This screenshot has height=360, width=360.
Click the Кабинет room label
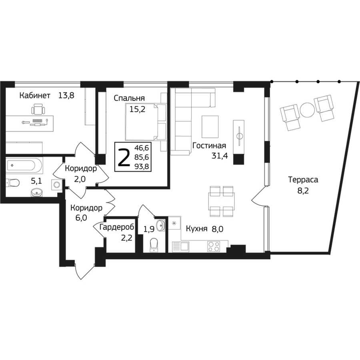click(x=35, y=95)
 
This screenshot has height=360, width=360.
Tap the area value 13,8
click(x=66, y=95)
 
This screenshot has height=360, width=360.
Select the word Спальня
click(x=129, y=98)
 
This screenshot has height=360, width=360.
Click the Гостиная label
click(x=209, y=146)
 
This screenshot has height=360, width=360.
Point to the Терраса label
click(x=303, y=180)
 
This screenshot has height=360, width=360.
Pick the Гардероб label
click(x=117, y=227)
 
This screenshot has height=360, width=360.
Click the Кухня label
click(x=196, y=229)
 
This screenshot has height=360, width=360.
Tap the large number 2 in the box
click(x=124, y=157)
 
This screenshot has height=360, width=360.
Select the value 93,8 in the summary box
click(x=142, y=166)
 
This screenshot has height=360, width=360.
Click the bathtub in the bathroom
click(x=24, y=165)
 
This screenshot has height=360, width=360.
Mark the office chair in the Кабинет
click(x=38, y=109)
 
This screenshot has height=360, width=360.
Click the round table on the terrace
click(x=307, y=110)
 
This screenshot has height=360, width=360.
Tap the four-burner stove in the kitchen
click(x=214, y=246)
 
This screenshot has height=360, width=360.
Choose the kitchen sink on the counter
click(x=180, y=247)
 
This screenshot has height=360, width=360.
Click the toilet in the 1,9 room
click(x=154, y=245)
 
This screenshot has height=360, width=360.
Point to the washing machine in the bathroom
click(x=57, y=184)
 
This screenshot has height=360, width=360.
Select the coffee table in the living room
click(x=210, y=127)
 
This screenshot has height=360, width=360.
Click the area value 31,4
click(x=220, y=156)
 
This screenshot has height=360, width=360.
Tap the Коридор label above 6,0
click(x=86, y=208)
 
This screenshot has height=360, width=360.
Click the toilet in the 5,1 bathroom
click(x=13, y=183)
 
